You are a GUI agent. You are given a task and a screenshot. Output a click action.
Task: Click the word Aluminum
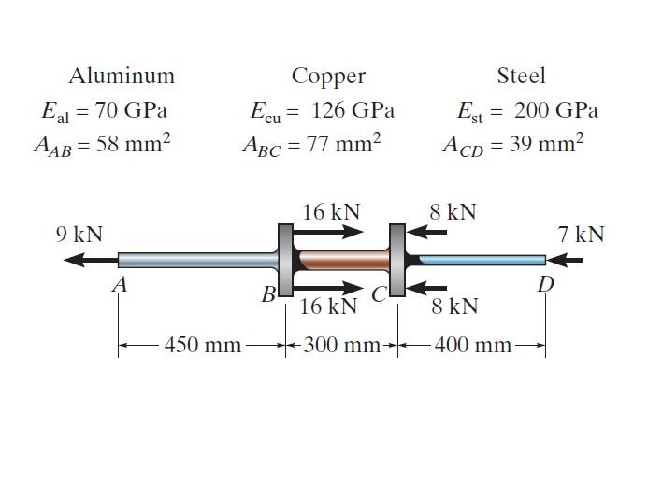pyautogui.click(x=122, y=76)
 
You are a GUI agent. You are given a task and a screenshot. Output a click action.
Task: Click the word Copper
pyautogui.click(x=328, y=76)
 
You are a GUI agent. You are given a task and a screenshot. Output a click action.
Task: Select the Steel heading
pyautogui.click(x=521, y=76)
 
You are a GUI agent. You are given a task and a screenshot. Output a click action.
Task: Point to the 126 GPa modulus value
pyautogui.click(x=353, y=110)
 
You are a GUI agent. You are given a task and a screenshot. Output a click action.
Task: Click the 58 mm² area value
pyautogui.click(x=133, y=144)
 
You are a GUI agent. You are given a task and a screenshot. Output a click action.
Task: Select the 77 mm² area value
pyautogui.click(x=338, y=144)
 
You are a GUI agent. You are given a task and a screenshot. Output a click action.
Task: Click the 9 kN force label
pyautogui.click(x=79, y=233)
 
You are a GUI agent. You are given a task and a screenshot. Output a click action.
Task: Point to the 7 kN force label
pyautogui.click(x=581, y=234)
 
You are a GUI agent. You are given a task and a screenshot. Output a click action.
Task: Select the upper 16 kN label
pyautogui.click(x=331, y=211)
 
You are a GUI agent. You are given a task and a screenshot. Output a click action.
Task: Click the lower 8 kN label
pyautogui.click(x=454, y=306)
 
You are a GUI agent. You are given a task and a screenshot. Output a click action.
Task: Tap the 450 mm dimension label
pyautogui.click(x=203, y=346)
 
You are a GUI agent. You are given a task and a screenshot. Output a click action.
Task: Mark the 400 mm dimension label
pyautogui.click(x=473, y=346)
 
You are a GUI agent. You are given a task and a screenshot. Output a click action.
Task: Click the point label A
pyautogui.click(x=119, y=286)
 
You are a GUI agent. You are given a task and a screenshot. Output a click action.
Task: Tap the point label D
pyautogui.click(x=545, y=285)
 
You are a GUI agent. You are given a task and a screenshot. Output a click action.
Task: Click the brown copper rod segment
pyautogui.click(x=342, y=260)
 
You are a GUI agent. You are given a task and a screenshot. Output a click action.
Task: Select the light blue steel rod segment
pyautogui.click(x=482, y=260)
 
